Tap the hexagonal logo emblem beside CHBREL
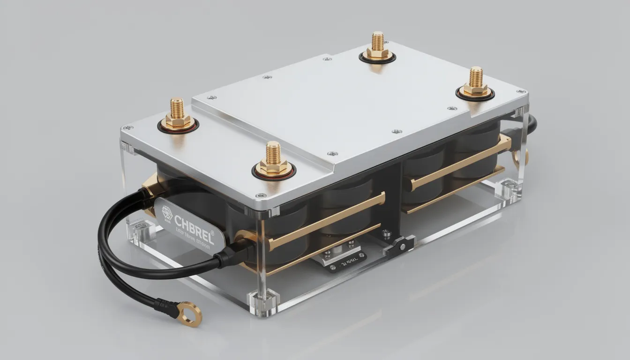point(167,212)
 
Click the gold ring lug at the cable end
point(191,313)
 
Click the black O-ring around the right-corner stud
point(475,95)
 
